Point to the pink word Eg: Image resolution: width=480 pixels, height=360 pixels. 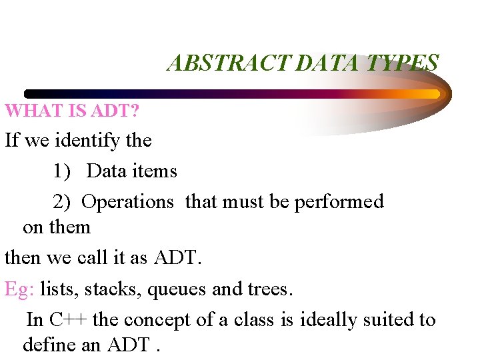pos(19,289)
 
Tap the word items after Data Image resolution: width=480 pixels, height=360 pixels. pos(155,171)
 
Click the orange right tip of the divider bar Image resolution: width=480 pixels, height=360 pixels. pos(435,94)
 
